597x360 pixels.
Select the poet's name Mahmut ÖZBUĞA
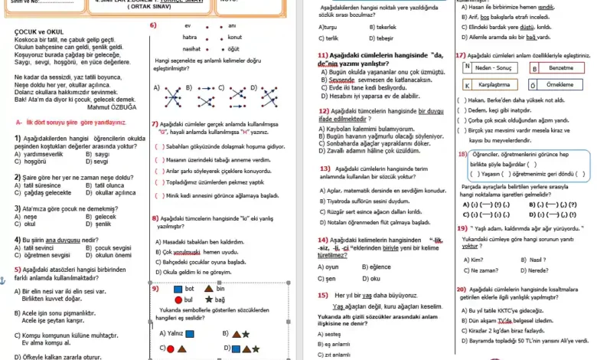coord(115,106)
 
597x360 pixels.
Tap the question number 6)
coord(153,25)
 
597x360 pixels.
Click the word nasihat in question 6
coord(191,47)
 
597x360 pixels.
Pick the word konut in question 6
coord(234,37)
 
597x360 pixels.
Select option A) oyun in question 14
coord(330,267)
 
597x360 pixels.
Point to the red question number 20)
coord(461,289)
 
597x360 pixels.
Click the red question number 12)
coord(325,111)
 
